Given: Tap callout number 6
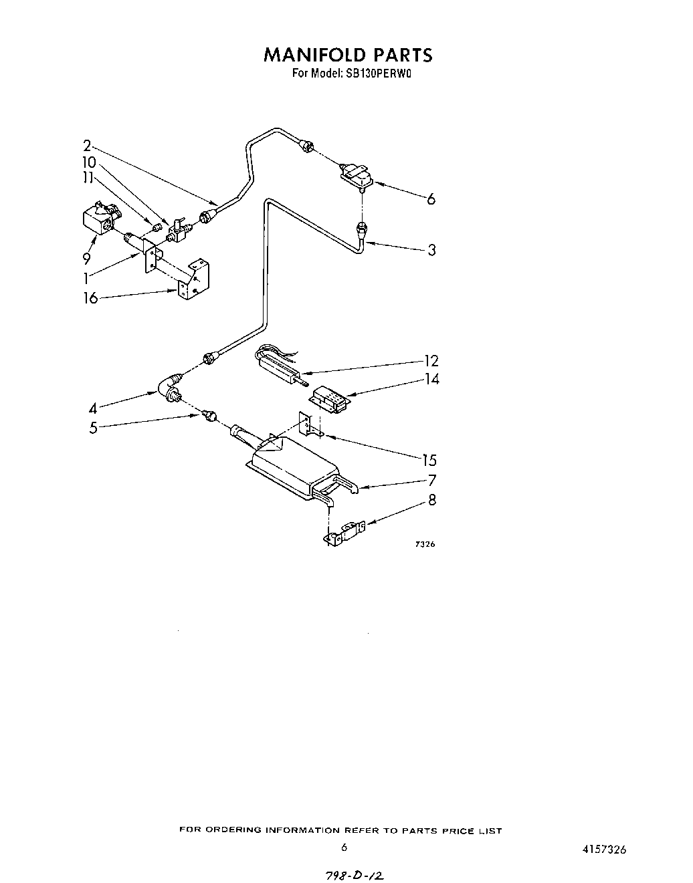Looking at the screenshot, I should point(431,199).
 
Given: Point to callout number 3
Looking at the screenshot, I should point(431,250).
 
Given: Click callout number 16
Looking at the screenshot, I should point(90,298).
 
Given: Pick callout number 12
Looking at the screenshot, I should point(431,361).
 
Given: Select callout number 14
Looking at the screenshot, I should point(431,379).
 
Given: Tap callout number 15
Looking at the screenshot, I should point(429,460).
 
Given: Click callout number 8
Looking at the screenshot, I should point(432,499).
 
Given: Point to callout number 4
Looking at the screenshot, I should point(92,408).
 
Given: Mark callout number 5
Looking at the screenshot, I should point(93,427).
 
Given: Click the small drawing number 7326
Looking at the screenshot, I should point(425,544).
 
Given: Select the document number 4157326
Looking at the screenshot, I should point(604,850).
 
